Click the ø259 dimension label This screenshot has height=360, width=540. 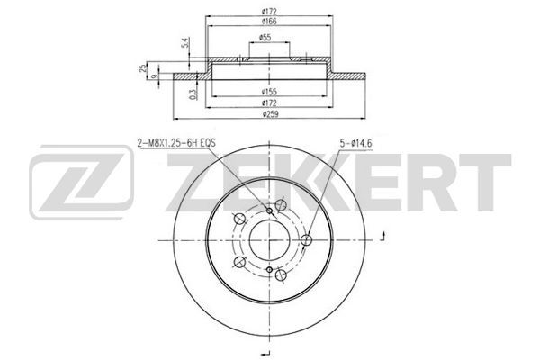pos(269,114)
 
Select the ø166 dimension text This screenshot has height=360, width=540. pos(269,21)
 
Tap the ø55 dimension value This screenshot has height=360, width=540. pos(265,38)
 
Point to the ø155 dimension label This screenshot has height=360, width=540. pos(269,92)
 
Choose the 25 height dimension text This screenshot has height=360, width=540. pos(143,68)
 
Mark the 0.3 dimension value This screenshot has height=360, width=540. pos(193,94)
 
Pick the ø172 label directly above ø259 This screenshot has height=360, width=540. pos(269,103)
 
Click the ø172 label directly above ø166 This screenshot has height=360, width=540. pos(269,12)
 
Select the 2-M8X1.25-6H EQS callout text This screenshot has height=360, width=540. pos(176,142)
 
